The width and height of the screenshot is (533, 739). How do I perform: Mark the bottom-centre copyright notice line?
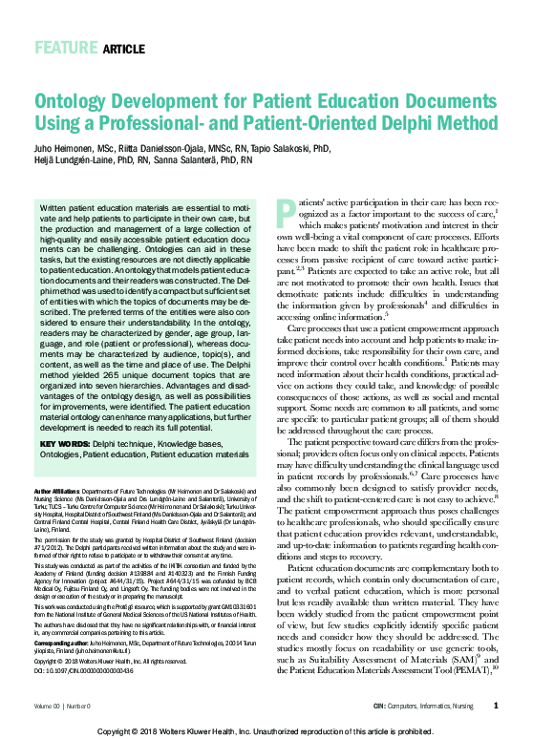(x=266, y=729)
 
